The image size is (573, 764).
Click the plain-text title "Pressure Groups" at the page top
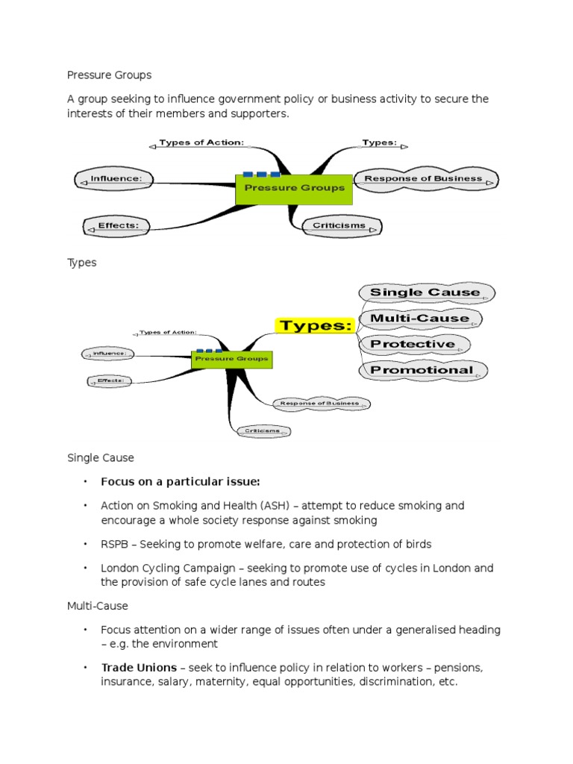[x=109, y=75]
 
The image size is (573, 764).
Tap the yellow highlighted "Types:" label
[x=315, y=326]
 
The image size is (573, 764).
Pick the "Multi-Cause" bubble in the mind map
[x=420, y=319]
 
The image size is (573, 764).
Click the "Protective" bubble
[x=413, y=344]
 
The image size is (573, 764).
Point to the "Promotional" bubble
[x=422, y=370]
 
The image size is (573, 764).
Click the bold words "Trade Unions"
[x=139, y=667]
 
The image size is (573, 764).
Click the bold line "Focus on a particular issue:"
[x=181, y=481]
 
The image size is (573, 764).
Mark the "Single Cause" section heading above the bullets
[x=101, y=457]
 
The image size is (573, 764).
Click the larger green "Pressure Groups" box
[x=295, y=188]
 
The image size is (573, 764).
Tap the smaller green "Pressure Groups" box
[x=231, y=359]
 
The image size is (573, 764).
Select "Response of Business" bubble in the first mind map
[x=423, y=179]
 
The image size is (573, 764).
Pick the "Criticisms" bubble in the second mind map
[x=261, y=430]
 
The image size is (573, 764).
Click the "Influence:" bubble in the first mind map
[x=116, y=179]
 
